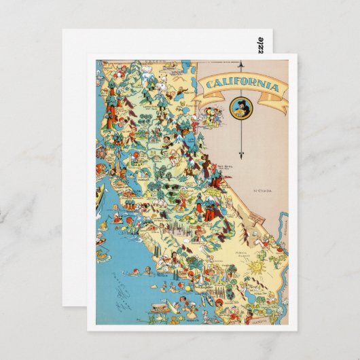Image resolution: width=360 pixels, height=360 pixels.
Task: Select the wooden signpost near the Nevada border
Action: click(x=255, y=215)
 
